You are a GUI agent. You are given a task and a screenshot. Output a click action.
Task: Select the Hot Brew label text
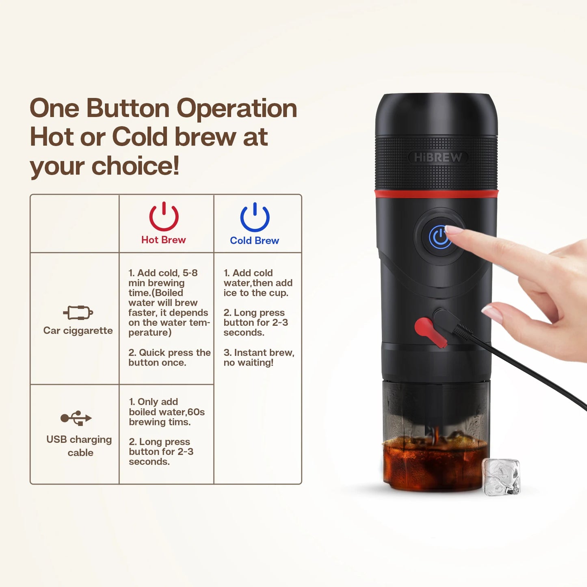163,240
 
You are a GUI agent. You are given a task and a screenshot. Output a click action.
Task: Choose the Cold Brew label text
254,240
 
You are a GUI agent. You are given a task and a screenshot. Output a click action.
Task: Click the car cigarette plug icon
78,312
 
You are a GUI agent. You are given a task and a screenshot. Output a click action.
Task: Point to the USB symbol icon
76,418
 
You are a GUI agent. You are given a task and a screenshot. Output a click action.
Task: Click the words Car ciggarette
78,331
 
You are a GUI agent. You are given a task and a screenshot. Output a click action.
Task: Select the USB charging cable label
79,446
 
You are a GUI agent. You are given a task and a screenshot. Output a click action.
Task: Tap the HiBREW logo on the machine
438,158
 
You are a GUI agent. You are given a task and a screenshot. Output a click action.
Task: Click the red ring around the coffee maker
436,194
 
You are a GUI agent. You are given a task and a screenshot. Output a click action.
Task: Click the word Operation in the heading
237,109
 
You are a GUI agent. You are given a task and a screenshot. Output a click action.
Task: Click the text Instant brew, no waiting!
259,357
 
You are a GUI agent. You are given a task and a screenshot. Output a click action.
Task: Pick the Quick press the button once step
169,357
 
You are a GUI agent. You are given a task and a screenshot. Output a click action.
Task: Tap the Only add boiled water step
167,412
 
